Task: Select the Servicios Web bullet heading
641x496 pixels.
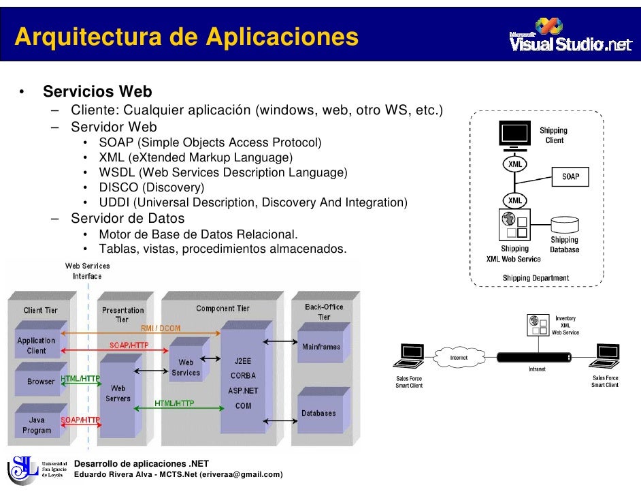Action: (x=97, y=92)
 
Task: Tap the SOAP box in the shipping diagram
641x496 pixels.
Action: (x=570, y=176)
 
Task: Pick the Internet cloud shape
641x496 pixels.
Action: (x=459, y=358)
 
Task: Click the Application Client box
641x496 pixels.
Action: (x=37, y=345)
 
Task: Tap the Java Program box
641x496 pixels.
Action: (x=37, y=424)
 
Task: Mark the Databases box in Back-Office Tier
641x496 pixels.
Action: (x=318, y=413)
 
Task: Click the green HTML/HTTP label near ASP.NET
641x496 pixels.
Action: (x=174, y=403)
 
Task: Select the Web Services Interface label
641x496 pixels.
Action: (x=87, y=270)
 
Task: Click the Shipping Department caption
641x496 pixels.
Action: (x=536, y=278)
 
